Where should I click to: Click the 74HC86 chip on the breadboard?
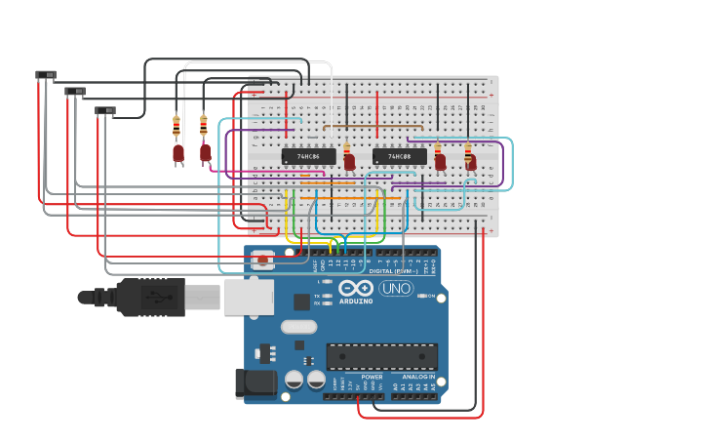[x=308, y=156]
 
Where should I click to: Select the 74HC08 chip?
[x=399, y=156]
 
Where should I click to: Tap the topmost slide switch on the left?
[x=46, y=75]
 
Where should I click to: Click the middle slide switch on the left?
[x=75, y=92]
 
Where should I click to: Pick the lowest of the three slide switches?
[x=105, y=110]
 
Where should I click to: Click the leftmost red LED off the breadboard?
[x=178, y=153]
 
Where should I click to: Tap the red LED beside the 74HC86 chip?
[x=349, y=162]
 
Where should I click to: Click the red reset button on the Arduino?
[x=262, y=260]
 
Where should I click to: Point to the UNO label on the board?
[x=395, y=288]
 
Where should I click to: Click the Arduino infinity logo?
[x=356, y=288]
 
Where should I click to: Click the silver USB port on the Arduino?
[x=249, y=297]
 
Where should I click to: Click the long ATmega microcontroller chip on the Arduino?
[x=381, y=356]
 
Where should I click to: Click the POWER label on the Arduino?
[x=372, y=377]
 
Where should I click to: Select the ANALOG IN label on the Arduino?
[x=418, y=377]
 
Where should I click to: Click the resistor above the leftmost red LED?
[x=177, y=126]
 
